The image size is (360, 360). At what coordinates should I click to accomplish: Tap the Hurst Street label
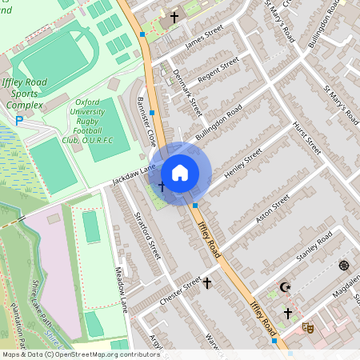click(306, 138)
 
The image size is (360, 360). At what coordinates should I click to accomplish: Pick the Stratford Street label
click(150, 234)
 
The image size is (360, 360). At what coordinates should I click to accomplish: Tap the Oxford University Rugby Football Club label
click(87, 122)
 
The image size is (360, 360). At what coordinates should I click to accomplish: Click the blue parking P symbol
click(19, 121)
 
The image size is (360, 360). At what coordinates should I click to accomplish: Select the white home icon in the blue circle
click(180, 173)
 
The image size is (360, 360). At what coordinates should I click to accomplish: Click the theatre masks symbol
click(307, 327)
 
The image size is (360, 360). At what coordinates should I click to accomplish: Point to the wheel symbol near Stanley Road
click(344, 266)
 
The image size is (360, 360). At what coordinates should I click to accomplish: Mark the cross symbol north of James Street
click(174, 17)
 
